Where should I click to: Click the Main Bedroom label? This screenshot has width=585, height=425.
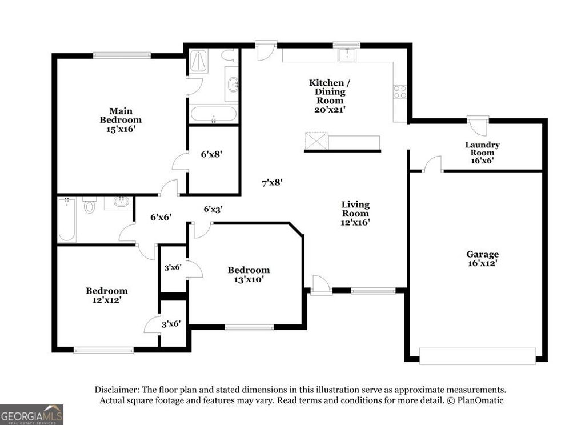click(x=121, y=120)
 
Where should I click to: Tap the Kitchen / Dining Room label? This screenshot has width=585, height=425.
click(x=327, y=95)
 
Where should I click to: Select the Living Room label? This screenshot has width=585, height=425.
click(x=355, y=213)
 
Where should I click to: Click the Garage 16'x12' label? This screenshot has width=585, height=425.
click(x=482, y=259)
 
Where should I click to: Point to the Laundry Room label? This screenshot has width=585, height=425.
click(x=482, y=153)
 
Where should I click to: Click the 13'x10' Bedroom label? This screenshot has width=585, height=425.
click(x=249, y=275)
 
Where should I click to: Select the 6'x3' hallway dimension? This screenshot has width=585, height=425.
click(x=213, y=209)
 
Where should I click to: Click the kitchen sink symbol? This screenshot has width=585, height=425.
click(x=347, y=55)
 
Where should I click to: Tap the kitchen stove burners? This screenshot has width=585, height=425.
click(x=399, y=91)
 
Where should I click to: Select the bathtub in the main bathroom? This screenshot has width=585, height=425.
click(x=213, y=114)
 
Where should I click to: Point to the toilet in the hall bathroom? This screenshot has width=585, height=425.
click(x=89, y=206)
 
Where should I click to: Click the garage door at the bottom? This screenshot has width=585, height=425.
click(x=477, y=355)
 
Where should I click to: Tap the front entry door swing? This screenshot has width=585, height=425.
click(x=320, y=284)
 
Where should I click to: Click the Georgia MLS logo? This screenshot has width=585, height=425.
click(x=31, y=414)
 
